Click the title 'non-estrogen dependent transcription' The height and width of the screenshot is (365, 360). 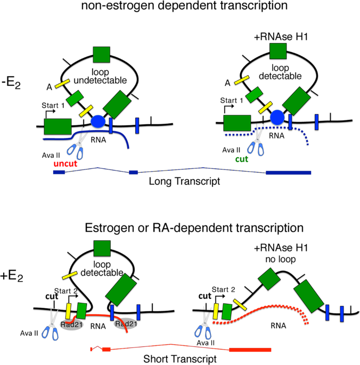point(181,7)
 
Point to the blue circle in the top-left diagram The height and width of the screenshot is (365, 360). point(98,121)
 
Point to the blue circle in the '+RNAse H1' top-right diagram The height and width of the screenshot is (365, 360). point(277,117)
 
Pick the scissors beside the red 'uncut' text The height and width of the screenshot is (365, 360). point(79,148)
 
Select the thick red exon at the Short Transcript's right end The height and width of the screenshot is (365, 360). point(250,349)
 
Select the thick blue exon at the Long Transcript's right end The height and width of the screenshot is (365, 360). point(288,172)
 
